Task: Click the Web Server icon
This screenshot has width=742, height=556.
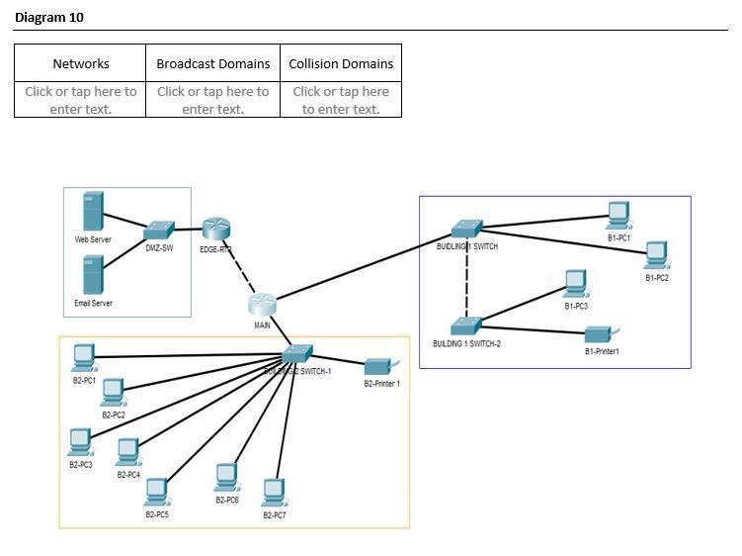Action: point(93,212)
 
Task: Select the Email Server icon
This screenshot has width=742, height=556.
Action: point(93,275)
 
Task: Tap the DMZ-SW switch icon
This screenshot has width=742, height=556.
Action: point(159,231)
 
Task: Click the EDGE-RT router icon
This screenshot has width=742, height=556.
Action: point(215,230)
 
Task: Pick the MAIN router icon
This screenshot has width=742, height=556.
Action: point(262,306)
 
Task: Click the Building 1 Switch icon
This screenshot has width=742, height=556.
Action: point(466,230)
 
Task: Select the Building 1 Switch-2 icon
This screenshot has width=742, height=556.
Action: point(465,325)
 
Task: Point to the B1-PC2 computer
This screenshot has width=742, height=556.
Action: point(656,255)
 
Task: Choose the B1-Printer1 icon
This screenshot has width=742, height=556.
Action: point(601,334)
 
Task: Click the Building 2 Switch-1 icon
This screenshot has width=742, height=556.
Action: point(297,355)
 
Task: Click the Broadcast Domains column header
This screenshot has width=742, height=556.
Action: point(212,63)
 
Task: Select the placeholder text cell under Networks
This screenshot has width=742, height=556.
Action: point(81,99)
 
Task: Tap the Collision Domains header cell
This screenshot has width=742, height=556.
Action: point(341,63)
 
